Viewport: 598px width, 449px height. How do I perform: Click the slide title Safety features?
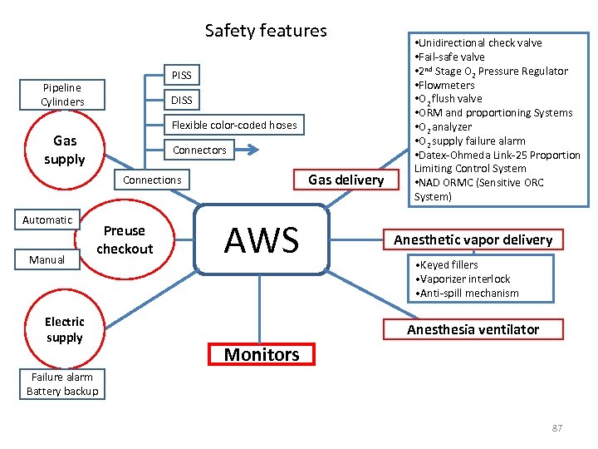click(x=266, y=31)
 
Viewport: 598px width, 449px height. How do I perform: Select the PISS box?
click(x=181, y=76)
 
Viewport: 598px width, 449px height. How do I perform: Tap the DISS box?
click(x=181, y=101)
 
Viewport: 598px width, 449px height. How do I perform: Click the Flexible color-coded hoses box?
click(x=233, y=126)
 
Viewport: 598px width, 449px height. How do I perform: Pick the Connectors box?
click(x=199, y=150)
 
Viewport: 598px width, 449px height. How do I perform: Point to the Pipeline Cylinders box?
click(x=62, y=94)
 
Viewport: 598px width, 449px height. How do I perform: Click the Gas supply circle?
click(x=65, y=150)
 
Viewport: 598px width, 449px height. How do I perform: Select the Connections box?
click(x=152, y=180)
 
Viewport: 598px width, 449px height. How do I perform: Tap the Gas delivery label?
click(x=346, y=180)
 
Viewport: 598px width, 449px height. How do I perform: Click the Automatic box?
click(x=47, y=220)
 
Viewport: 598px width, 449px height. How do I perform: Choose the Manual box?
click(x=47, y=259)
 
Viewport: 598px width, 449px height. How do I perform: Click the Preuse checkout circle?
click(x=125, y=240)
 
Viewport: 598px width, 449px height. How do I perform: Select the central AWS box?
click(x=262, y=239)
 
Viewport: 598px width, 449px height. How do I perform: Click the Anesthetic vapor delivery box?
click(x=473, y=239)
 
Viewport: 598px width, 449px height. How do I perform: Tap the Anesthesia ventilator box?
click(x=473, y=329)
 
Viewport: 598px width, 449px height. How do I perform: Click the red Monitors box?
click(x=262, y=354)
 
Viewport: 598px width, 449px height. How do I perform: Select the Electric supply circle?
click(x=65, y=329)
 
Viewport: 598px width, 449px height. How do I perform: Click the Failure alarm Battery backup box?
click(x=62, y=384)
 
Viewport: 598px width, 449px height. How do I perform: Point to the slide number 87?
click(x=556, y=428)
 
